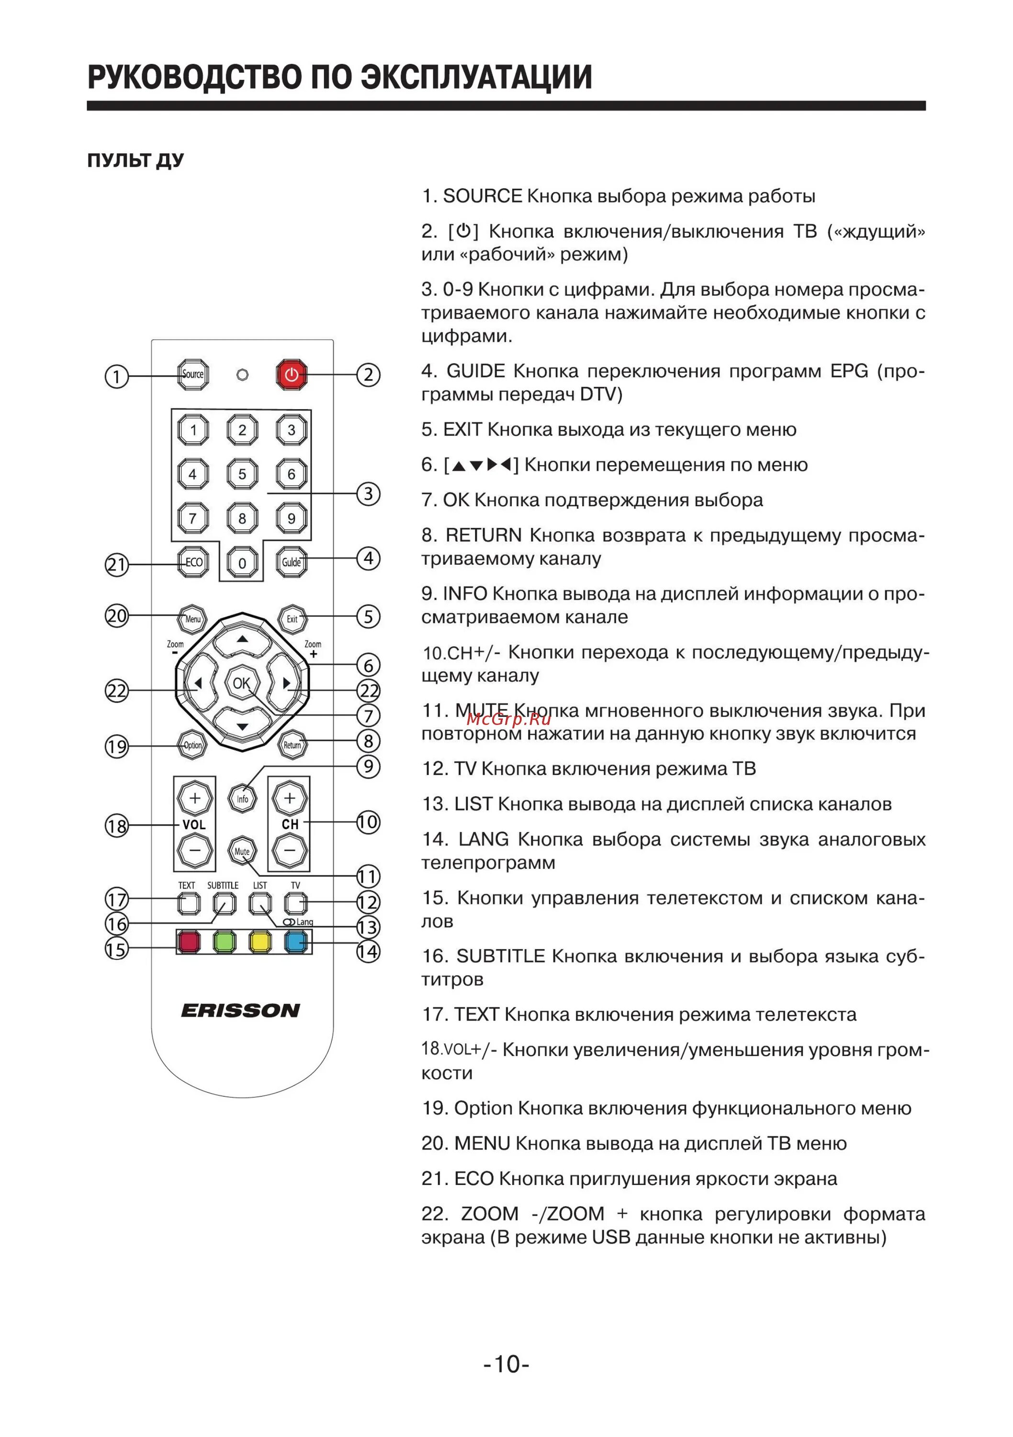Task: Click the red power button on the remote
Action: tap(292, 375)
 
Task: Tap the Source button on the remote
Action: tap(193, 374)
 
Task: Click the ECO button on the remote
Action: tap(193, 562)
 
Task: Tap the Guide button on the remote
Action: tap(292, 562)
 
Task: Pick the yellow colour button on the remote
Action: tap(260, 941)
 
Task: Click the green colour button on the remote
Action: tap(224, 941)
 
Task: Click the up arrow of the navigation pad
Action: tap(242, 639)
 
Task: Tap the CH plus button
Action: tap(290, 798)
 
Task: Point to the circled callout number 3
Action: tap(369, 494)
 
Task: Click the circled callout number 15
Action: tap(116, 949)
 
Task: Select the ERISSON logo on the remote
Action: tap(241, 1010)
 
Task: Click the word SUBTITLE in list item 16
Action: tap(501, 957)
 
